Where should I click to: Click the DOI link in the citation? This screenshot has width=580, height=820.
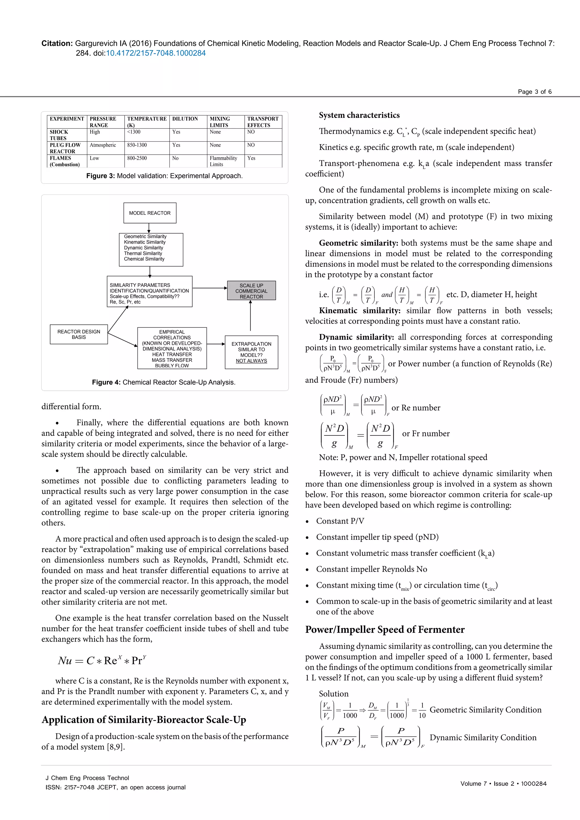pyautogui.click(x=156, y=53)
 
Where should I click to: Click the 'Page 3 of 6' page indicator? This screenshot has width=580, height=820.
pyautogui.click(x=534, y=92)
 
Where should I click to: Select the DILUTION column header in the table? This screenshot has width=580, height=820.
pyautogui.click(x=185, y=119)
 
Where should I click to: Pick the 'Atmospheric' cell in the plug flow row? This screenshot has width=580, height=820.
pyautogui.click(x=103, y=145)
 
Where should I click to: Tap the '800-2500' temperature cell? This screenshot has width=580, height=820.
pyautogui.click(x=137, y=158)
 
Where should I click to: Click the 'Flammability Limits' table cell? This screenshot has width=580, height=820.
pyautogui.click(x=223, y=161)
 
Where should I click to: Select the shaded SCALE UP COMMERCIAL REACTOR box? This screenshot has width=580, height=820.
pyautogui.click(x=251, y=291)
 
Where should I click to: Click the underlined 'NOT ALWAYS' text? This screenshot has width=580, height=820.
pyautogui.click(x=251, y=361)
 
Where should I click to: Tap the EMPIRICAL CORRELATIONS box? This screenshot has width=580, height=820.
pyautogui.click(x=172, y=348)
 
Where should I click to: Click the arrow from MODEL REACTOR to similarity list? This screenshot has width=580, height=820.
pyautogui.click(x=149, y=228)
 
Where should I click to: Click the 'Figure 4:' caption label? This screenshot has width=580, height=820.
pyautogui.click(x=106, y=382)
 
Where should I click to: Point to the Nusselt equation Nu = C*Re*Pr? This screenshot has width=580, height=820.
pyautogui.click(x=102, y=660)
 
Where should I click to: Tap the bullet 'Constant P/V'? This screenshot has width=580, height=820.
pyautogui.click(x=340, y=521)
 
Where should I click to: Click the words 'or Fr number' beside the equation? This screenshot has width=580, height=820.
pyautogui.click(x=425, y=434)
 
